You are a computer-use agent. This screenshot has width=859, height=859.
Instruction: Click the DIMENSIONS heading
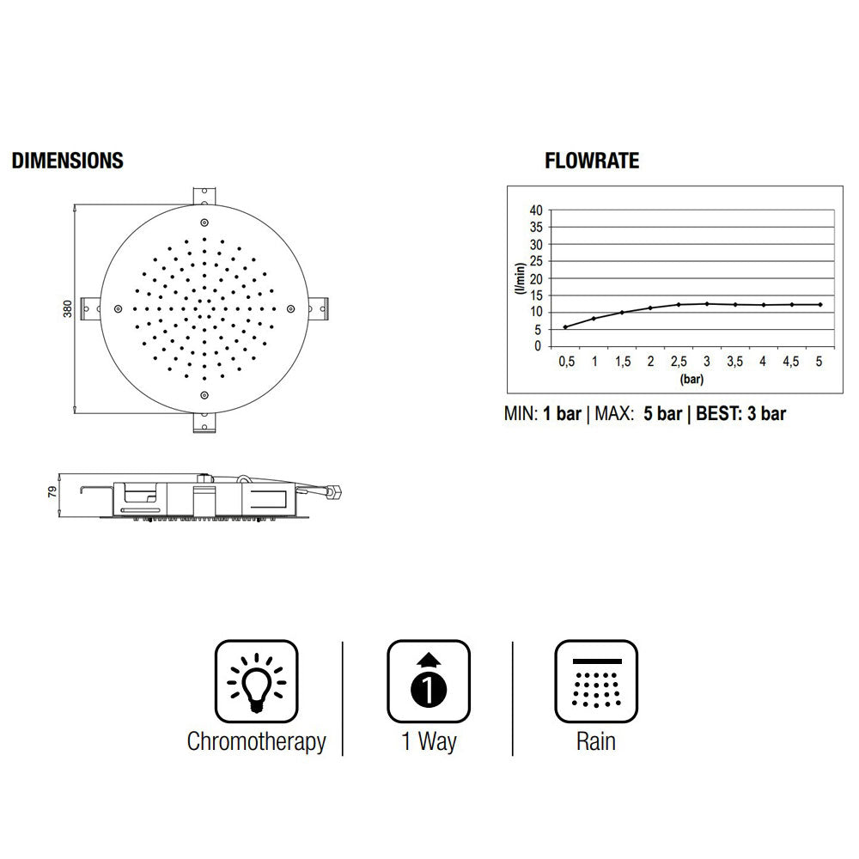[67, 161]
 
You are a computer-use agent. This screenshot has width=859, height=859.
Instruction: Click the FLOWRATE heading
[592, 161]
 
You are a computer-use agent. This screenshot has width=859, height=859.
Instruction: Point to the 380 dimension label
[67, 308]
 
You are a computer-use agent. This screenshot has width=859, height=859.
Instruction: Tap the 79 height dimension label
[52, 491]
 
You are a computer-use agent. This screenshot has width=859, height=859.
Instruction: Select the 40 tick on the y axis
[536, 210]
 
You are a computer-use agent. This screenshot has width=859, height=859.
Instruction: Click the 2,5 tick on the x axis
[679, 362]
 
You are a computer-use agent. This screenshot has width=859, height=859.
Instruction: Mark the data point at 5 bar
[820, 305]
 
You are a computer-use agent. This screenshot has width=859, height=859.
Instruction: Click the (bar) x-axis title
[691, 379]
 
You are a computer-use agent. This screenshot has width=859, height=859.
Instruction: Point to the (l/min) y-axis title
[520, 279]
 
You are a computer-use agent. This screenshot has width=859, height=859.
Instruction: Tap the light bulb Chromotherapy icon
[256, 681]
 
